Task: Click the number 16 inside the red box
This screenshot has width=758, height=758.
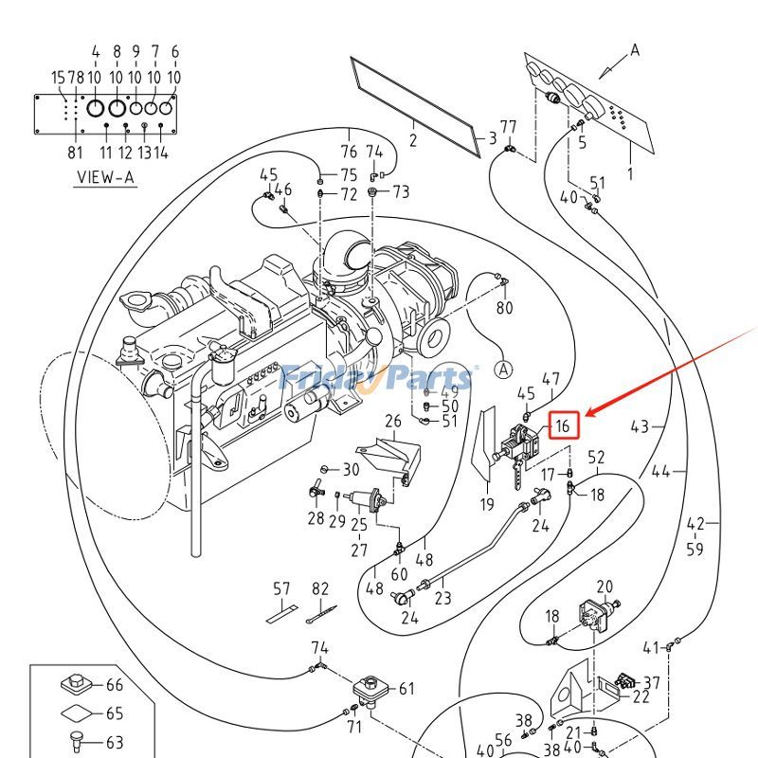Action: click(x=563, y=426)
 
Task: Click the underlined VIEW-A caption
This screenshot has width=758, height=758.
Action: click(x=105, y=177)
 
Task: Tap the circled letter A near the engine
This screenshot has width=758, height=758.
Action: click(x=503, y=369)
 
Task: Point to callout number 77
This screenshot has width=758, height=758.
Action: click(x=508, y=127)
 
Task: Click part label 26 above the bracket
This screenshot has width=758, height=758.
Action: click(x=392, y=421)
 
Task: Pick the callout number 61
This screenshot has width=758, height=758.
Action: click(x=406, y=689)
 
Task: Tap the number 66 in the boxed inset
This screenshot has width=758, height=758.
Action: click(x=114, y=685)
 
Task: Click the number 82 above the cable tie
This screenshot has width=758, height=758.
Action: click(x=320, y=589)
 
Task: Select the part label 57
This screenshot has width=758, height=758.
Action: click(x=281, y=589)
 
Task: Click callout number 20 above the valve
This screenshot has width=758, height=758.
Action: click(x=605, y=587)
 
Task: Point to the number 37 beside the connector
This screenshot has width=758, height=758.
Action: click(x=652, y=682)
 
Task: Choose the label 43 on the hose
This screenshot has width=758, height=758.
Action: click(x=640, y=426)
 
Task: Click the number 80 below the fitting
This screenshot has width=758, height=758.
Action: click(x=504, y=308)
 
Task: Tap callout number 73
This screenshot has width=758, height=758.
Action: click(x=401, y=192)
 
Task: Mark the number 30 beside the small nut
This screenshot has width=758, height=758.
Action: click(x=351, y=470)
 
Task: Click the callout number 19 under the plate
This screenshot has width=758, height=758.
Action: click(x=486, y=504)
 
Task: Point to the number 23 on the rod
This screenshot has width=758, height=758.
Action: click(x=442, y=598)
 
